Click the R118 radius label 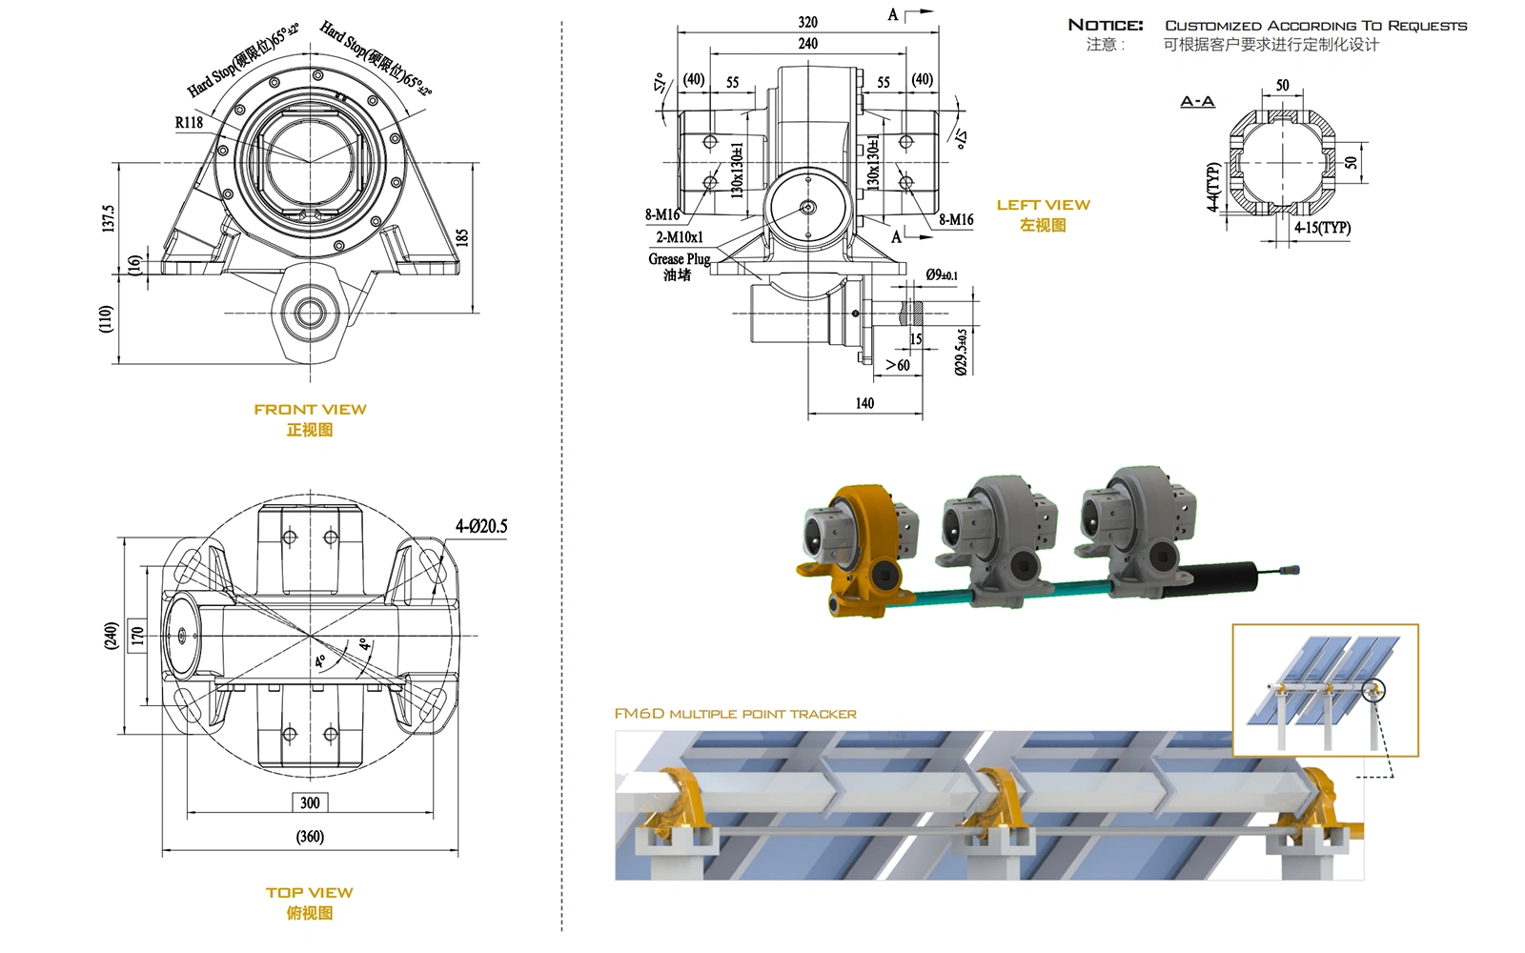pos(189,123)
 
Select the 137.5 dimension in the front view pos(109,218)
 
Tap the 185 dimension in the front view pos(462,237)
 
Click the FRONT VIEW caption pos(310,410)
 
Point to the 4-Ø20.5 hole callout pos(481,526)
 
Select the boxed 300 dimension pos(310,802)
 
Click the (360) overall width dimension pos(310,837)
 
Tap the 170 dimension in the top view pos(137,636)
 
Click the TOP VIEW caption pos(310,892)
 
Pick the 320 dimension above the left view pos(807,22)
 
